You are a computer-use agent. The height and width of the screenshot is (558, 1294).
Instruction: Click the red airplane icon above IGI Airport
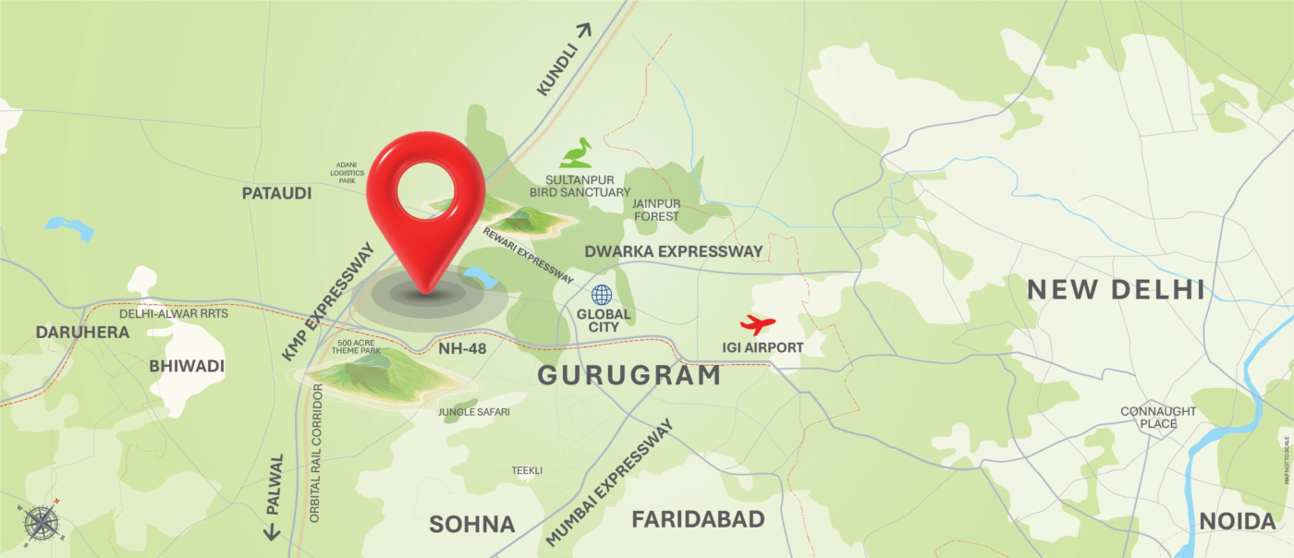click(758, 324)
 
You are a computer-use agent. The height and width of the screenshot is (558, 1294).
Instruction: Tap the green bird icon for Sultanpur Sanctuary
click(576, 152)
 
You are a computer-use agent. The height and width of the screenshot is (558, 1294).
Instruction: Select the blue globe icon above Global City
click(602, 295)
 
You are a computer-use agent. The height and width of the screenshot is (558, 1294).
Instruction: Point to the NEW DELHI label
click(1116, 290)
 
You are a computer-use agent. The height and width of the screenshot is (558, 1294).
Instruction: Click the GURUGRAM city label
click(629, 375)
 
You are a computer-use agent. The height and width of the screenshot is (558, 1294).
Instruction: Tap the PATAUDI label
click(276, 193)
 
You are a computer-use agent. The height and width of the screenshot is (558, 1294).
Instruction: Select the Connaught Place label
click(1158, 418)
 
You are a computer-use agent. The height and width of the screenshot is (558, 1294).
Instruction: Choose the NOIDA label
click(1237, 521)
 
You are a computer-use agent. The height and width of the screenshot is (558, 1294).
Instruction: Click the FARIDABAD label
click(698, 519)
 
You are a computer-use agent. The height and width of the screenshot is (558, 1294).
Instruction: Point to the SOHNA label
click(471, 525)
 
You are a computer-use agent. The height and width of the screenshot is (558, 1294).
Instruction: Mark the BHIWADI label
click(187, 366)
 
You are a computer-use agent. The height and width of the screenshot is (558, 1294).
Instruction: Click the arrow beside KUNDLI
click(582, 31)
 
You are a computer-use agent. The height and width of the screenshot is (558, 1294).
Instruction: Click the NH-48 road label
click(462, 348)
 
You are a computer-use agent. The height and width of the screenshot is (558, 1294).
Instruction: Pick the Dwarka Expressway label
click(673, 251)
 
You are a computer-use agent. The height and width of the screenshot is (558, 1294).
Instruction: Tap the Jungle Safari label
click(473, 412)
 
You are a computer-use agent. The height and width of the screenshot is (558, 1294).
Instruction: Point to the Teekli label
click(527, 470)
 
